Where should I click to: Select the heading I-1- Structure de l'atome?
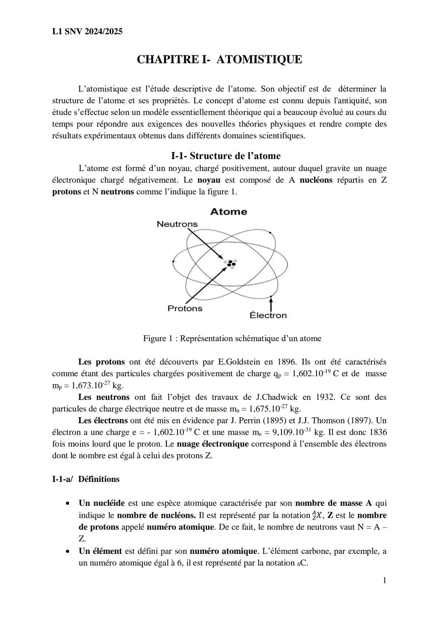pos(226,156)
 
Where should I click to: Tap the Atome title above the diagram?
pos(228,211)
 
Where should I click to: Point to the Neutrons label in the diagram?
pos(177,224)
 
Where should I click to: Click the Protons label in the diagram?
pos(185,308)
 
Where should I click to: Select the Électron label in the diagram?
pos(268,315)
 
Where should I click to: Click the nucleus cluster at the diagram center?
pos(231,264)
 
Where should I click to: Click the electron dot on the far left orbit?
pos(174,261)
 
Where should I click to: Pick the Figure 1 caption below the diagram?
pos(232,338)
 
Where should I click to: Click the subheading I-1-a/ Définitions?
pos(86,479)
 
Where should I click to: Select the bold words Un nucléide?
pos(101,503)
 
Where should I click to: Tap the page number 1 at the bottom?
pos(384,580)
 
